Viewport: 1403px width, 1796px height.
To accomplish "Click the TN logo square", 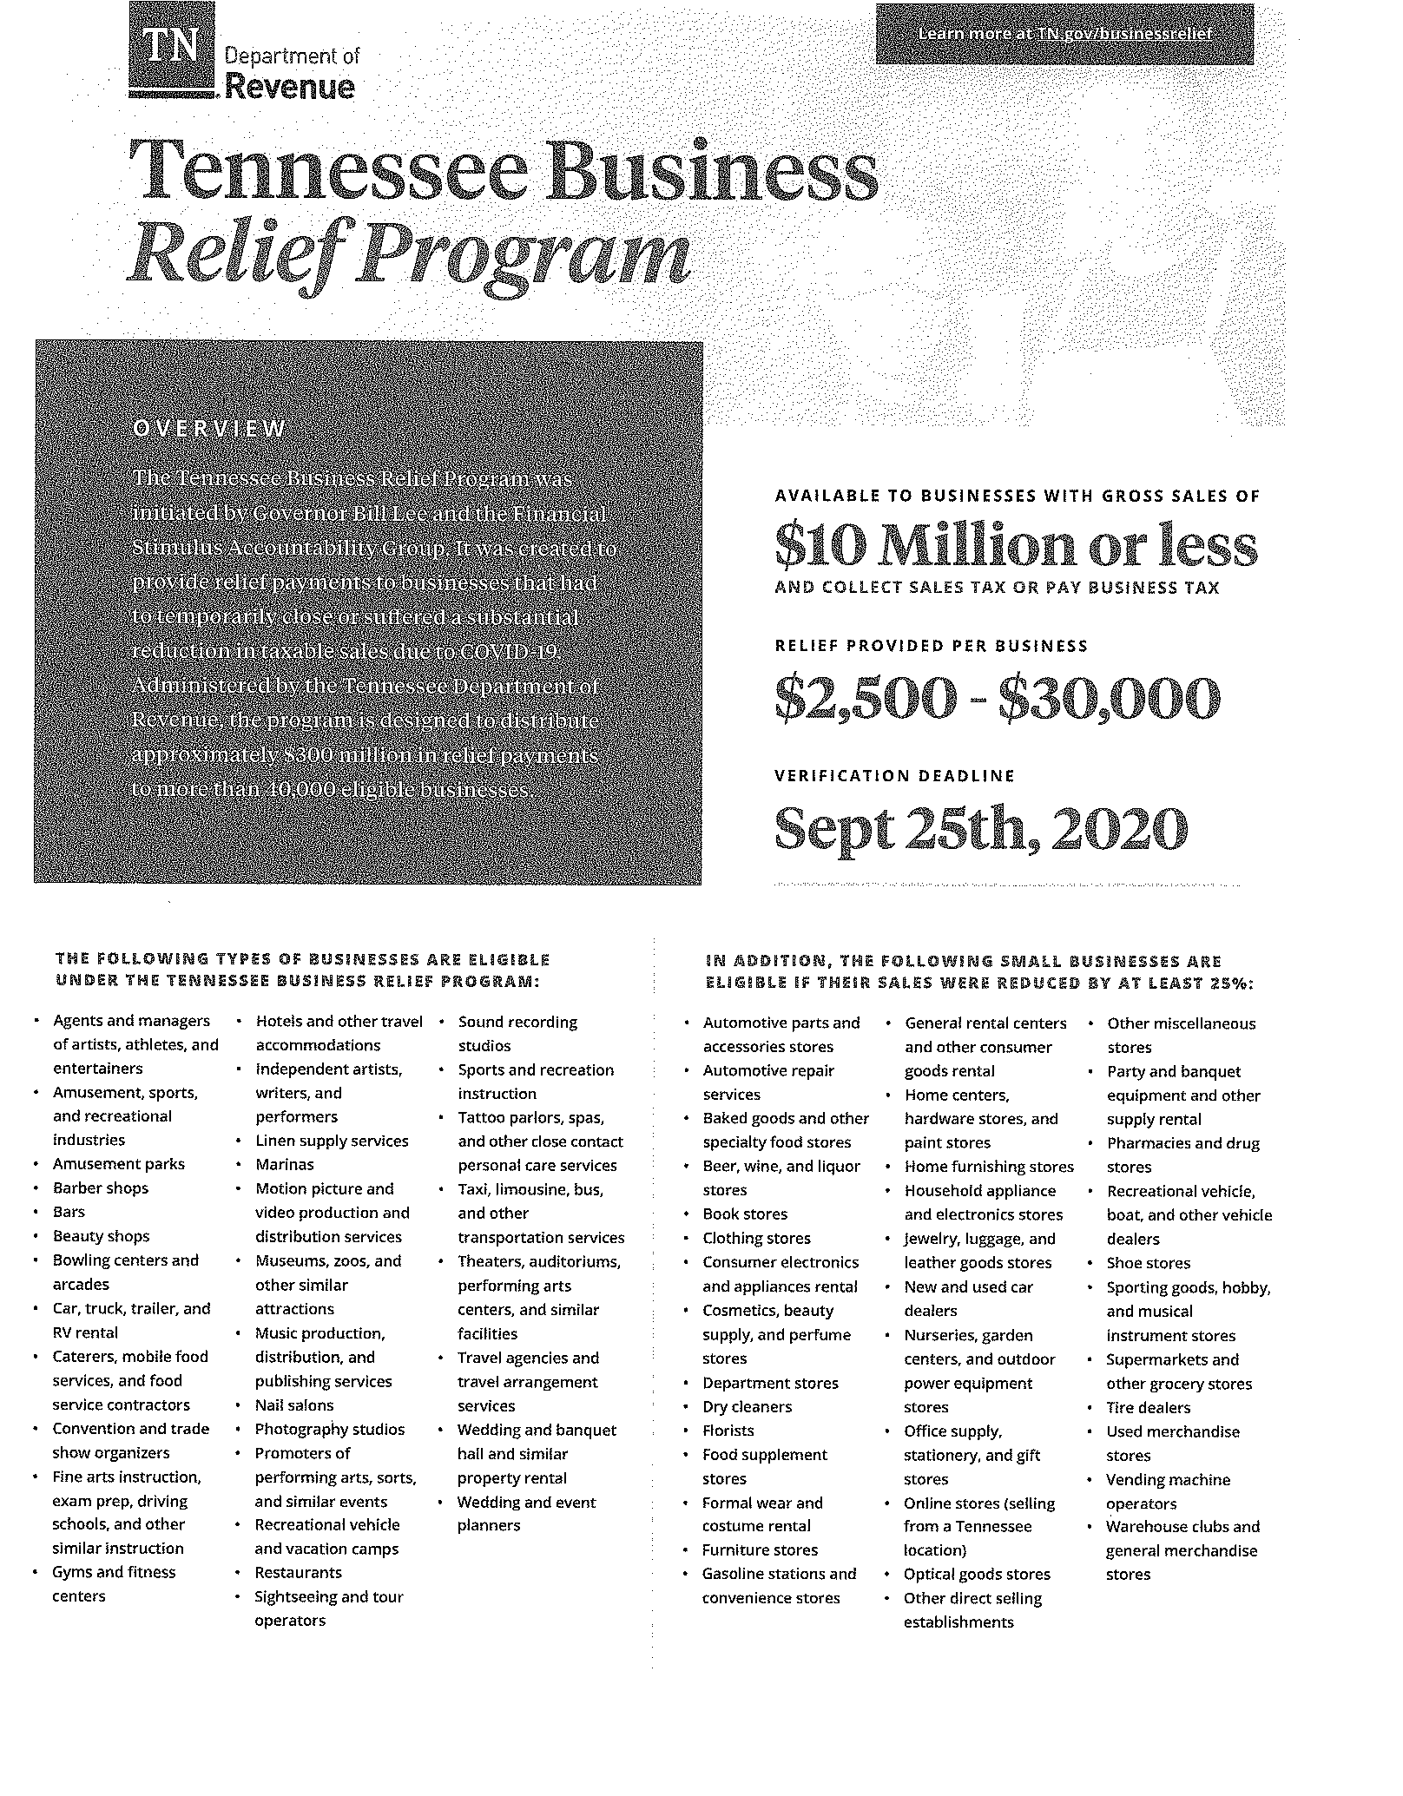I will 171,48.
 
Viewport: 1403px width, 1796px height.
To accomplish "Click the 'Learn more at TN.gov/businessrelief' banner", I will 1064,34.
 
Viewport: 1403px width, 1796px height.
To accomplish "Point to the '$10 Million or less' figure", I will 1015,547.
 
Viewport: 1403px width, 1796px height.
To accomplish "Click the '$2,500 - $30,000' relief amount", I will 997,700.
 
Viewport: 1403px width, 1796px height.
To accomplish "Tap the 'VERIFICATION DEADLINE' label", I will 893,776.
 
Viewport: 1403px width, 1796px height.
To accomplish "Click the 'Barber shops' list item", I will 101,1188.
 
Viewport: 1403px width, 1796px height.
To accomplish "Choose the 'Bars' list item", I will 69,1213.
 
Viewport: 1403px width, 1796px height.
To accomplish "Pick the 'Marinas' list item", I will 285,1165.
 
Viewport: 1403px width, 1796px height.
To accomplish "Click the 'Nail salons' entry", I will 294,1405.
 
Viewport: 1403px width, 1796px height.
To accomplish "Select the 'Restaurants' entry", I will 299,1572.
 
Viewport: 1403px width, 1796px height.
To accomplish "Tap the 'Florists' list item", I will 728,1431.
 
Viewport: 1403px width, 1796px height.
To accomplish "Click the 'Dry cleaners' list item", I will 748,1407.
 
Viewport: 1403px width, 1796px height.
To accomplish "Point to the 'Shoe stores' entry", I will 1149,1264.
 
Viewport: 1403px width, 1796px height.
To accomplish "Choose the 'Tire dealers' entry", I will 1149,1408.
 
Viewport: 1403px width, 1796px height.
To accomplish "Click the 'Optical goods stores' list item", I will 977,1575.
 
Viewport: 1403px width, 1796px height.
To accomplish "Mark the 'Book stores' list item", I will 745,1214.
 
